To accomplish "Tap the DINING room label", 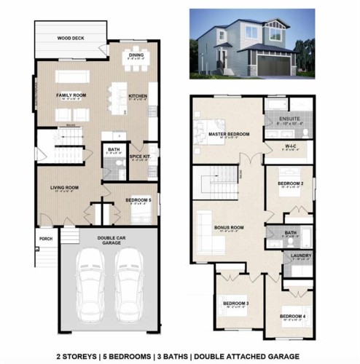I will pyautogui.click(x=135, y=55).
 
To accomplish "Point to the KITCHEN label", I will pyautogui.click(x=138, y=95).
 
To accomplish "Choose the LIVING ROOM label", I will pyautogui.click(x=64, y=188).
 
